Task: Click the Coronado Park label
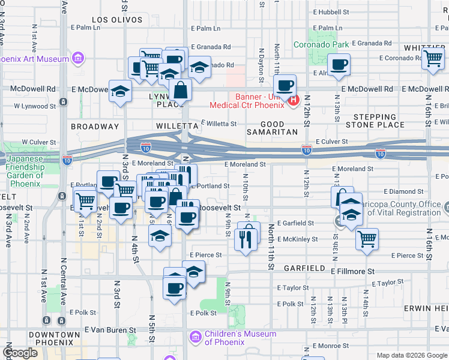(x=321, y=44)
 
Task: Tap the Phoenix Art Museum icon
(x=77, y=58)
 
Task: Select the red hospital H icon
(x=293, y=100)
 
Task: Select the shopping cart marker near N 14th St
(x=367, y=239)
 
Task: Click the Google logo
(x=20, y=353)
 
